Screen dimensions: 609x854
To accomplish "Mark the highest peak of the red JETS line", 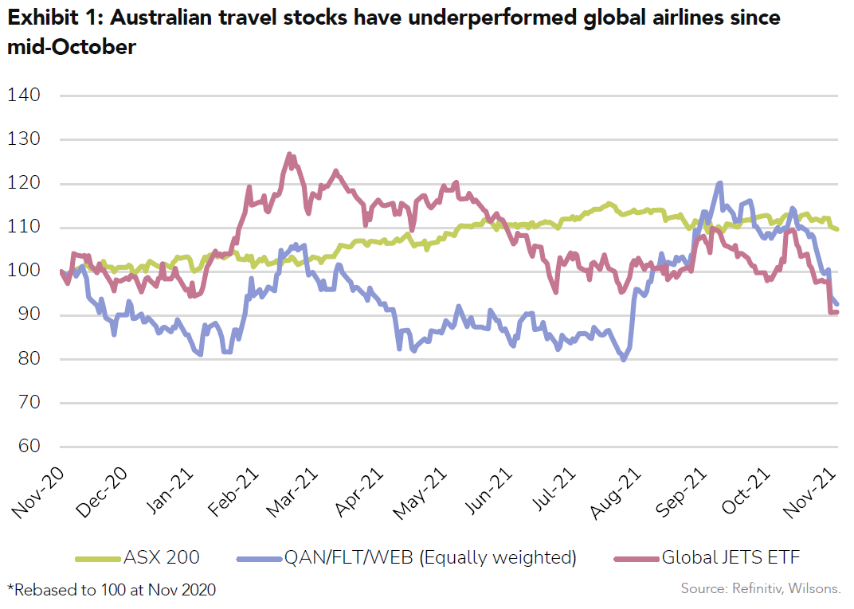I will click(289, 154).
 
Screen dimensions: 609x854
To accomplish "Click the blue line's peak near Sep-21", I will click(720, 183).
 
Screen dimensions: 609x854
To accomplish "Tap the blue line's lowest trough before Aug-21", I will click(623, 360).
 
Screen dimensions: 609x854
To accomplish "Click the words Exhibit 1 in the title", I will click(46, 18).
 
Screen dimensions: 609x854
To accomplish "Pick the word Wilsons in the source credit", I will click(816, 589).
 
